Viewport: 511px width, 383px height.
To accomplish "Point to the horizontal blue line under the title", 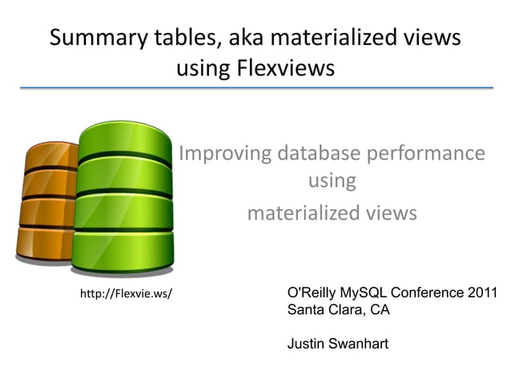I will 255,88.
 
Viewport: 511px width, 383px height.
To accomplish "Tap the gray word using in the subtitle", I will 332,181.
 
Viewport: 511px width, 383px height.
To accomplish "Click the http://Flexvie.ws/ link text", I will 126,294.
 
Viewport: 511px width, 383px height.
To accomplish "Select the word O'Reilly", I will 313,292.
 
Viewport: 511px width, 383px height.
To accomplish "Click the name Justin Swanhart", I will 337,344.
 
